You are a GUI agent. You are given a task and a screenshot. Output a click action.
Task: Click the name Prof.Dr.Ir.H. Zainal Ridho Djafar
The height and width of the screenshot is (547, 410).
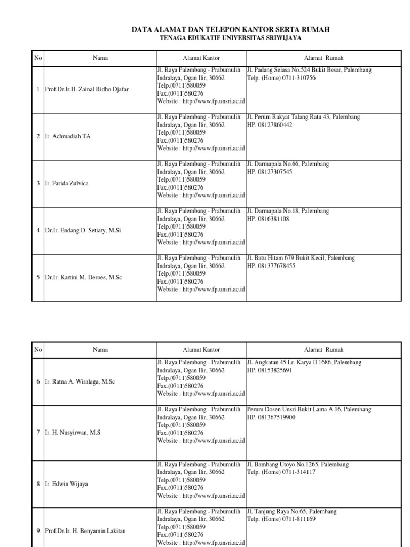coord(86,90)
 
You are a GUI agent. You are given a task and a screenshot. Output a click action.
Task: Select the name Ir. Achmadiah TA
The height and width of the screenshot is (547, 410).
coord(68,137)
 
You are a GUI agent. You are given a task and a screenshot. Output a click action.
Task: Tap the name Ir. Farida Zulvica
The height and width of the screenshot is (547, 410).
coord(67,183)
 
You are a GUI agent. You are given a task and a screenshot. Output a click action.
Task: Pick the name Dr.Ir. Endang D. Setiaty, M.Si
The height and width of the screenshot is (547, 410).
coord(83,230)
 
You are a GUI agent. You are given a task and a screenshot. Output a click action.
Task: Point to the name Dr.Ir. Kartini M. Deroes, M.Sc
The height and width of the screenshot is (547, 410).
coord(84,277)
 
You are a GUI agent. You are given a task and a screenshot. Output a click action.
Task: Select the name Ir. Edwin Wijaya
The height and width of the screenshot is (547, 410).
coord(67,484)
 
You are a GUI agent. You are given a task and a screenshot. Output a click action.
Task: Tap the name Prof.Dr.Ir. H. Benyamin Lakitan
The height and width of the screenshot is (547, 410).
coord(86,531)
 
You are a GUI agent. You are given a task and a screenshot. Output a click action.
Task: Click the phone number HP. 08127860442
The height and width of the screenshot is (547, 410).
coord(270,125)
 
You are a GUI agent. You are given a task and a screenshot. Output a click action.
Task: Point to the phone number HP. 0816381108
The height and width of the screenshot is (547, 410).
coord(268,219)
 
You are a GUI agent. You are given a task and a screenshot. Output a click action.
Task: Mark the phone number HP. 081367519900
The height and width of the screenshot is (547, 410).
coord(271,417)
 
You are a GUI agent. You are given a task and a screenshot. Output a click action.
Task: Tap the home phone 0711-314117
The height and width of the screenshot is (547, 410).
coord(281,473)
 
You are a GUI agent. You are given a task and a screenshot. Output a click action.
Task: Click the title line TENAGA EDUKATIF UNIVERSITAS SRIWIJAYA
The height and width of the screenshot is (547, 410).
coord(234,38)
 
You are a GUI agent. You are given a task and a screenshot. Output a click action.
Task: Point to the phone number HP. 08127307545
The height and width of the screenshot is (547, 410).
coord(270,172)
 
